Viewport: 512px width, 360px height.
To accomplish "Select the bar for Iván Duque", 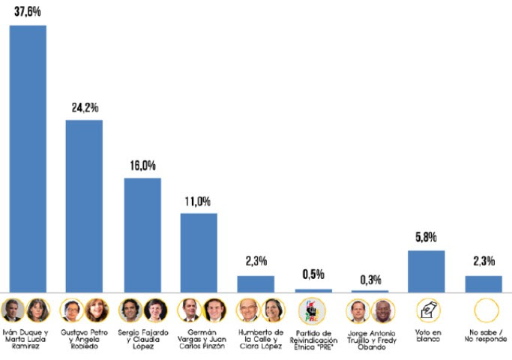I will (27, 157).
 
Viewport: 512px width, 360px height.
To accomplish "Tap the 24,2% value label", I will (84, 107).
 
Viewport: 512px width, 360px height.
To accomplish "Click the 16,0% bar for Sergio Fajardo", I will (142, 234).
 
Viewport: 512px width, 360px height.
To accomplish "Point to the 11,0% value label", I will (199, 201).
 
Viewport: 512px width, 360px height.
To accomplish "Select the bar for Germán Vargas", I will (199, 252).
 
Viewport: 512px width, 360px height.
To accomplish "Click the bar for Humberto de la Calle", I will (256, 283).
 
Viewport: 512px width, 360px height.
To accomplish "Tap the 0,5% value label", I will (313, 274).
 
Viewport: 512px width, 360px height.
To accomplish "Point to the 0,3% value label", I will (370, 279).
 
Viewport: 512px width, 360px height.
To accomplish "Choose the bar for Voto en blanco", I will (427, 271).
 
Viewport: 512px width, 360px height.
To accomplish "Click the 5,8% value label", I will (427, 238).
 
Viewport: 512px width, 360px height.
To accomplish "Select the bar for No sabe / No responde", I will (484, 283).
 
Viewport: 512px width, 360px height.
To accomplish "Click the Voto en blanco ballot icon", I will (427, 310).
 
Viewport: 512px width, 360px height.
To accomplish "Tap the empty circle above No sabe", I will (484, 310).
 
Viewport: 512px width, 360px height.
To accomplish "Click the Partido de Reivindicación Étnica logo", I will (313, 310).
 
